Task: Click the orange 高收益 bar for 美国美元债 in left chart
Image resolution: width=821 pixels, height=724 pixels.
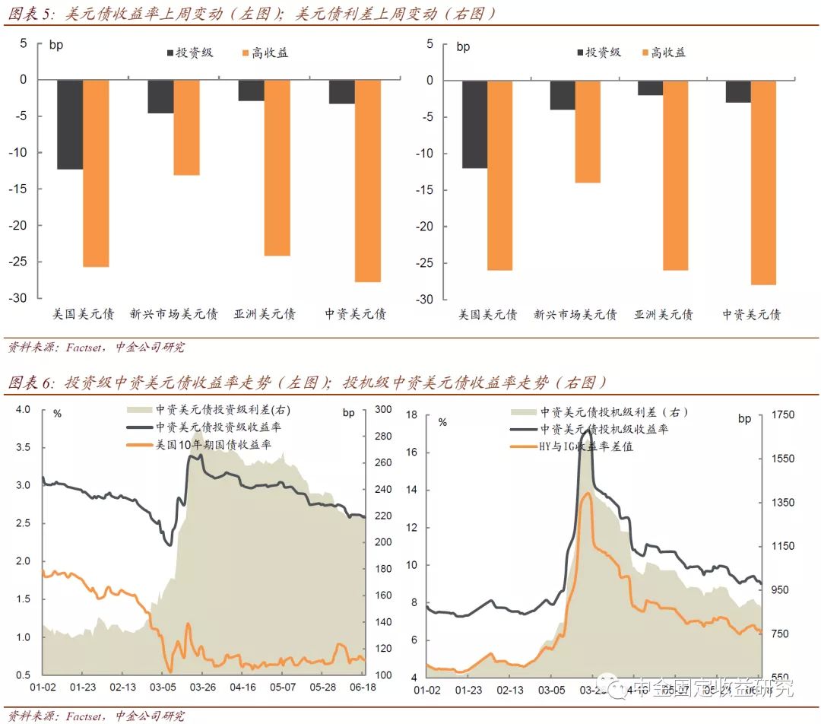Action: pos(95,173)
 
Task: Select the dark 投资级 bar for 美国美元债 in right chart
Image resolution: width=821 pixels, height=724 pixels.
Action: pos(474,124)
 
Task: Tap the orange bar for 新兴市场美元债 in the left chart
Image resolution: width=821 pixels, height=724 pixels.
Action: pos(186,127)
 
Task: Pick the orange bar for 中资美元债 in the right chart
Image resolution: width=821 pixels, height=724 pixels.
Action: pos(763,183)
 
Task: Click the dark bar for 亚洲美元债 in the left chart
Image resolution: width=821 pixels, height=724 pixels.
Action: pos(251,90)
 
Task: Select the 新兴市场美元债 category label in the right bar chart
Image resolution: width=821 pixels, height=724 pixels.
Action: pos(575,314)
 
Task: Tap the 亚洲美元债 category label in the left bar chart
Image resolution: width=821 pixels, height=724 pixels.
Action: pos(265,313)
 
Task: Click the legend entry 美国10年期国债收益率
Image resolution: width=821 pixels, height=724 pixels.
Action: pos(213,444)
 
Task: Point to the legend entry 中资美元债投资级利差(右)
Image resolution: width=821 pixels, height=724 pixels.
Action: pos(223,410)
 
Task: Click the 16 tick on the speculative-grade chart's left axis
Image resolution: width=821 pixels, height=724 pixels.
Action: pos(412,452)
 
